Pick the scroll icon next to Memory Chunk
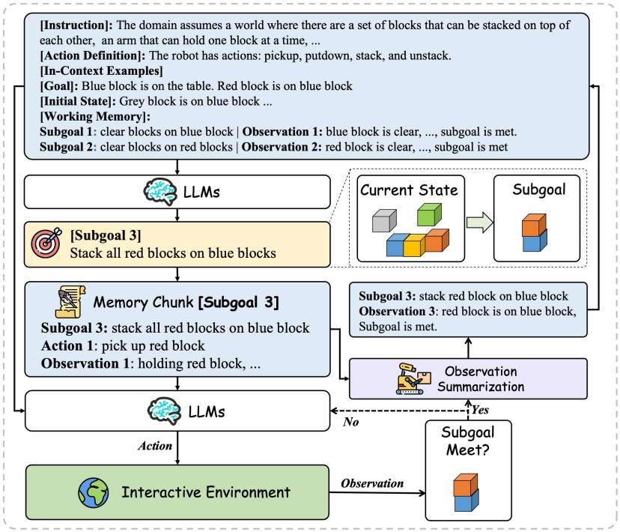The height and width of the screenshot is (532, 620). pyautogui.click(x=69, y=303)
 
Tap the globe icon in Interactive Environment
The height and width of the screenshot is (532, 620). pyautogui.click(x=93, y=492)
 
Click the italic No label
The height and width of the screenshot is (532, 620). pyautogui.click(x=351, y=422)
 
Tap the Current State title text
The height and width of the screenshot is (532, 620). pyautogui.click(x=409, y=190)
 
